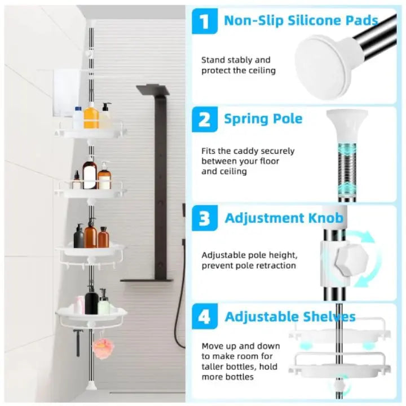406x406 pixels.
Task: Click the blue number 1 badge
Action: coord(205,21)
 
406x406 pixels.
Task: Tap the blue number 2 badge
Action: coord(205,120)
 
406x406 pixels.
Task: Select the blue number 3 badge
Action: coord(205,218)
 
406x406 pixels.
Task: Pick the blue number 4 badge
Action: coord(205,316)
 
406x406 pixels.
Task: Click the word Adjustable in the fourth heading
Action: coord(262,317)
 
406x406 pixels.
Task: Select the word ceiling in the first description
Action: coord(262,70)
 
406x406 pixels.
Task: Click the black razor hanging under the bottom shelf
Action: coord(77,342)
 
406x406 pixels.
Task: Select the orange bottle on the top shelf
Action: coord(91,116)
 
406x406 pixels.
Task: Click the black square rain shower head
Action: coord(153,90)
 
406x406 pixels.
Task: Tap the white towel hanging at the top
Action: coord(67,93)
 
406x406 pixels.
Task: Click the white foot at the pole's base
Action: coord(90,385)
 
